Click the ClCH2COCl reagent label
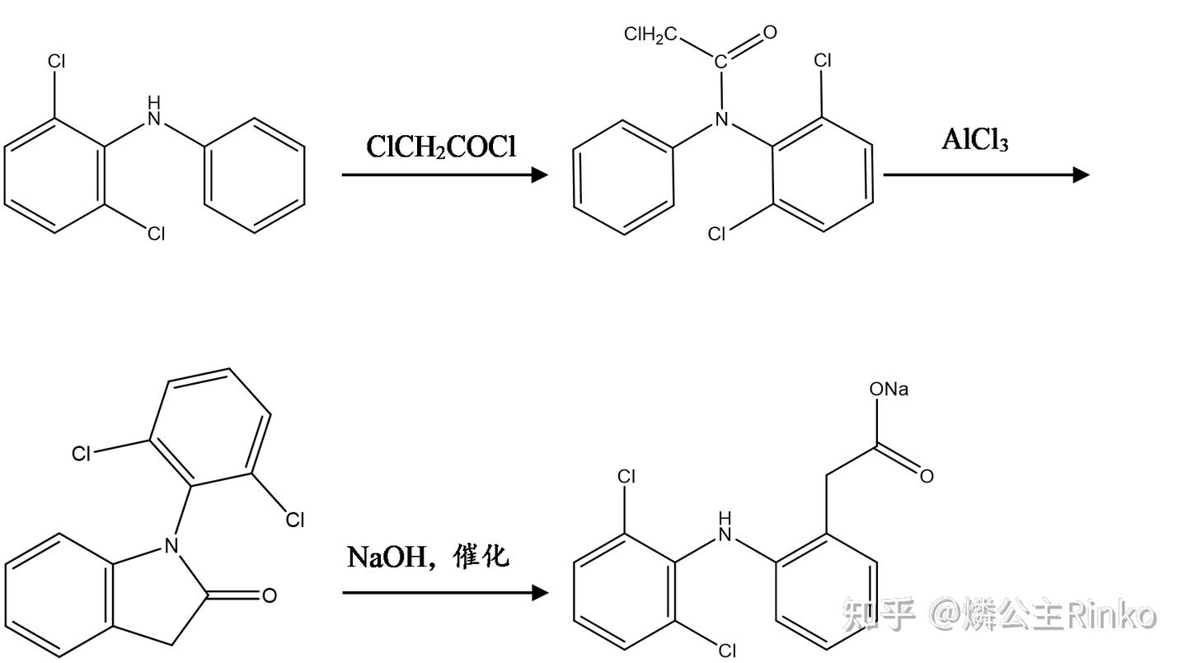point(441,147)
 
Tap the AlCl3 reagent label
point(975,139)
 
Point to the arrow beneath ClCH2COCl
point(445,175)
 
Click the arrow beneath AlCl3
point(986,175)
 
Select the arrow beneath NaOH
point(445,592)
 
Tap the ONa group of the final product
point(889,389)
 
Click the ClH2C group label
point(650,35)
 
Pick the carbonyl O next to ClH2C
point(770,33)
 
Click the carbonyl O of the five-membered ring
point(269,595)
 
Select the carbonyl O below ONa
point(927,476)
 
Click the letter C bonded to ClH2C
point(720,62)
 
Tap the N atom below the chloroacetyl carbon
point(721,120)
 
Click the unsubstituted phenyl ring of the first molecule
point(255,175)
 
